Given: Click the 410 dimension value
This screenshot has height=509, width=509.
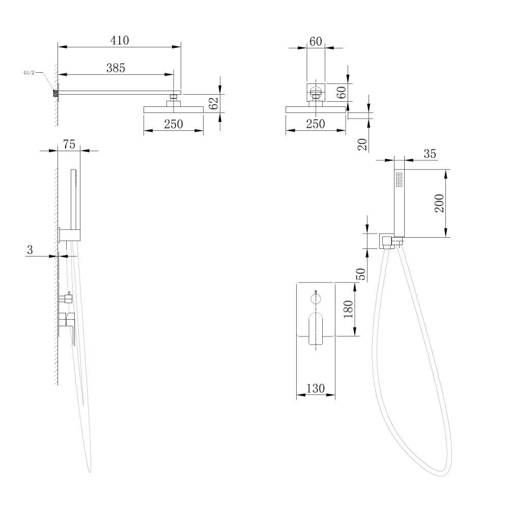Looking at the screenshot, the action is [120, 40].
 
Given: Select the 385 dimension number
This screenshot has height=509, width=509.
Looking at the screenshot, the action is [116, 68].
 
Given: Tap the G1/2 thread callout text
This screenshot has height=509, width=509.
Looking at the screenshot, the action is [29, 73].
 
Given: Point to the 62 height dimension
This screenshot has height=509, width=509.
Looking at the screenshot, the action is [213, 103].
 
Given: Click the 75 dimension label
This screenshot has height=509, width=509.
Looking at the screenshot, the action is [69, 144].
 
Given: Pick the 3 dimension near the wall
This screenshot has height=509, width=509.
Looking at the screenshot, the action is [30, 249].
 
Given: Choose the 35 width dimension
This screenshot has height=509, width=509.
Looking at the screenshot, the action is [430, 154].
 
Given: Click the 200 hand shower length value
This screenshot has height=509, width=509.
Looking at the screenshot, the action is [439, 203].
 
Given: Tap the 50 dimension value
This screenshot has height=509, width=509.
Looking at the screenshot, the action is [361, 274].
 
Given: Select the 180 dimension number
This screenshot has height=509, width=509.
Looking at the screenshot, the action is [348, 309].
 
